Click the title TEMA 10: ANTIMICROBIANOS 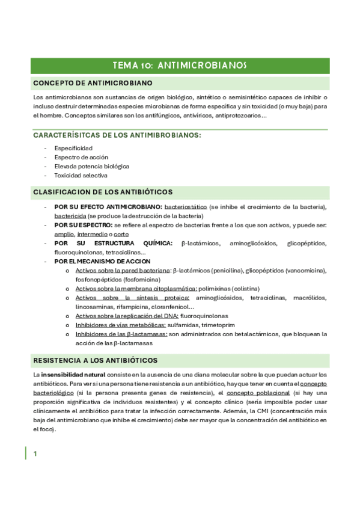[180, 65]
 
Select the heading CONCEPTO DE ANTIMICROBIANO [92, 82]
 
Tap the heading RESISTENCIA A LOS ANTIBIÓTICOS [95, 360]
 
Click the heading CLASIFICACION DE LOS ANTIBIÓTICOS [103, 192]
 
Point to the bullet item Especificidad [73, 147]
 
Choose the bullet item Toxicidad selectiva [81, 176]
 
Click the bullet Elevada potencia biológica [91, 166]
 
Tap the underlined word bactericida [70, 216]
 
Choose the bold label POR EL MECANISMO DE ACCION [102, 262]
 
